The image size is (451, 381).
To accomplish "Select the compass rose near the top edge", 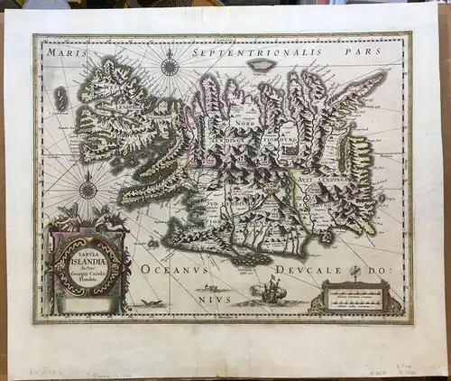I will click(169, 64).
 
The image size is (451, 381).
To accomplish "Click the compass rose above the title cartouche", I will click(88, 190).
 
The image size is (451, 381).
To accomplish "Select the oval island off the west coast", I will click(61, 98).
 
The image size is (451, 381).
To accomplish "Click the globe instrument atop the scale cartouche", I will click(355, 272).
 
